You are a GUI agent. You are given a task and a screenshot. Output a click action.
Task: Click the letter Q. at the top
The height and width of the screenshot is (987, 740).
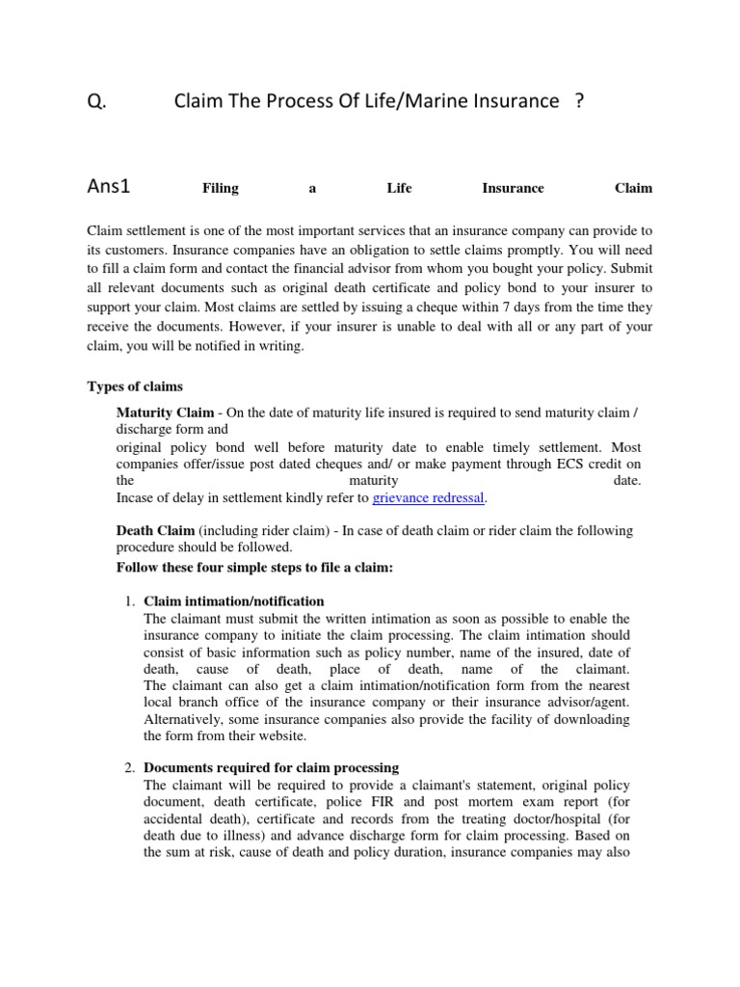(95, 101)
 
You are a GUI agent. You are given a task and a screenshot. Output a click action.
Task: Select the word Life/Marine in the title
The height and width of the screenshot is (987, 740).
(409, 101)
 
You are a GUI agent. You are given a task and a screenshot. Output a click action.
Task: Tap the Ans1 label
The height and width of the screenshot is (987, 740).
(108, 187)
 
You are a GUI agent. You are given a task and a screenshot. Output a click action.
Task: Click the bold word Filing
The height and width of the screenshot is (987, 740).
(220, 188)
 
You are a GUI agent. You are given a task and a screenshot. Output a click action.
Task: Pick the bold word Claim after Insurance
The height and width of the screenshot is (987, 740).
(633, 188)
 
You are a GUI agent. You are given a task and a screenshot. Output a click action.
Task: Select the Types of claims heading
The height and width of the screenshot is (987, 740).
(135, 387)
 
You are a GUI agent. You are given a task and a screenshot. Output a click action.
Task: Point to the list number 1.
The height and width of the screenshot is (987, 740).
(128, 601)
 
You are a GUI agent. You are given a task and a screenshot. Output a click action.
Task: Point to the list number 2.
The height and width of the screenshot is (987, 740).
(128, 768)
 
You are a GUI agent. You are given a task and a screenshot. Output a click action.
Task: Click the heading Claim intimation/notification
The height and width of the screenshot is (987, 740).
(234, 601)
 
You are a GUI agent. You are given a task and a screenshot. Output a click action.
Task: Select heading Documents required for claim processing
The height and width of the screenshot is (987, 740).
(271, 768)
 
